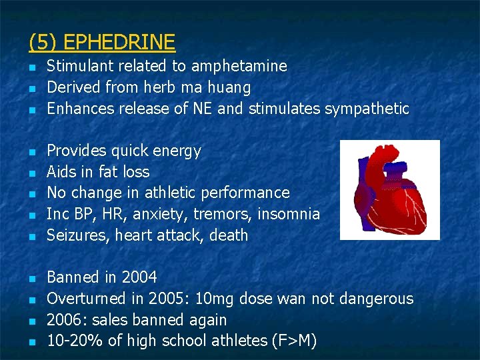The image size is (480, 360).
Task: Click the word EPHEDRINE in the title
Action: (119, 43)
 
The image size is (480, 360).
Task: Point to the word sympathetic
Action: (367, 109)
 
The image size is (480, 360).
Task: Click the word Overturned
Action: (86, 299)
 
